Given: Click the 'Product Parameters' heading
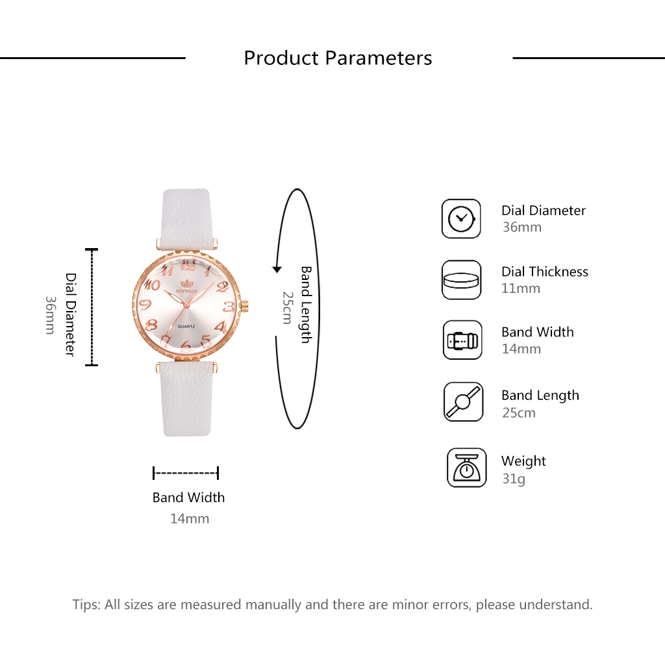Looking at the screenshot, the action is [x=338, y=58].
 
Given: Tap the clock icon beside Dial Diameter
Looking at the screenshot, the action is [x=461, y=219].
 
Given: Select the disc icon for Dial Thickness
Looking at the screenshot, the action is [x=461, y=280].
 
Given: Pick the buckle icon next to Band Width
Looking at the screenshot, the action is [x=462, y=340].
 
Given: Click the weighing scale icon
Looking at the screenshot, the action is [x=466, y=468].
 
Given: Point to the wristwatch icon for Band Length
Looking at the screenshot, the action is [x=463, y=401].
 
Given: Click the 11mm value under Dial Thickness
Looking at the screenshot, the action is [x=521, y=288].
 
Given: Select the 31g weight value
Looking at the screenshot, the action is [x=514, y=479].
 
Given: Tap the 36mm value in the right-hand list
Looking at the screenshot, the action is [x=522, y=227].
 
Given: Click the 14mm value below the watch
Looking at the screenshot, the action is [x=190, y=519].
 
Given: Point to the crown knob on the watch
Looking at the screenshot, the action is [x=245, y=305].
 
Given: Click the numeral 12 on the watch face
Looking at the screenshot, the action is [x=188, y=265].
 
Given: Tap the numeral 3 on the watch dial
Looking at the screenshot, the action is [x=229, y=307].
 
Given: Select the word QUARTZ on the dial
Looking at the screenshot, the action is [x=186, y=326].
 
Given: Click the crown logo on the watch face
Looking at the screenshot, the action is [x=186, y=284].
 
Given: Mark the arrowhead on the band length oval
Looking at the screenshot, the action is [x=277, y=269].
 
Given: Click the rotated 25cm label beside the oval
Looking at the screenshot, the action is [x=288, y=308].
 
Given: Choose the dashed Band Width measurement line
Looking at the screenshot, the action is [x=186, y=473].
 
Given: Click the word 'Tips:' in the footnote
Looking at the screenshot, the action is [x=86, y=605].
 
